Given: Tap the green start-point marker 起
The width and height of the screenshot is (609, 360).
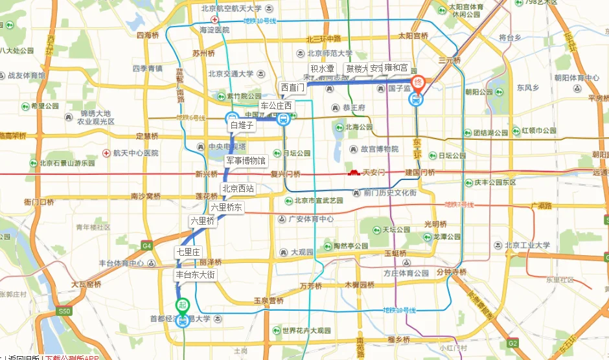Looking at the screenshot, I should point(183,305).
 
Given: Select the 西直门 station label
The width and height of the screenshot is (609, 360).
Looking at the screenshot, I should point(292,87).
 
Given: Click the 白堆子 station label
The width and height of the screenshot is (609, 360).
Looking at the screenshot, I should point(242,126).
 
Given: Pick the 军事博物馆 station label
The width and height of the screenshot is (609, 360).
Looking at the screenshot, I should point(246,160).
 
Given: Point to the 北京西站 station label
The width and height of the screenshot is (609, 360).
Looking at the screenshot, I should point(238,189).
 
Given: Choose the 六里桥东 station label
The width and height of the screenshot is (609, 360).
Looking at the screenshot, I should point(226,207).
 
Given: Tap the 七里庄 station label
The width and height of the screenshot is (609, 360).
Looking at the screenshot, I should point(189,251).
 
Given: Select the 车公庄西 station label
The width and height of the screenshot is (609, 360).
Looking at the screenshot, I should point(276,105).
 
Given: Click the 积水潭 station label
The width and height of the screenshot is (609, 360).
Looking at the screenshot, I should point(322,68).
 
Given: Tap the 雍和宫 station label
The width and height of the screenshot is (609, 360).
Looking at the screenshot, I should point(396,67).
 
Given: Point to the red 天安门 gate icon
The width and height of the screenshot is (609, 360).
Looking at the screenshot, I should point(354,172).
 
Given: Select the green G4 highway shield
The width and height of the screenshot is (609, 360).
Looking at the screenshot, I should point(147,245).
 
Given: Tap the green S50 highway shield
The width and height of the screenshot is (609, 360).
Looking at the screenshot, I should point(63,311).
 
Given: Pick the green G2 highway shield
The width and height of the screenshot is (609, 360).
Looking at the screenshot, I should point(513,343).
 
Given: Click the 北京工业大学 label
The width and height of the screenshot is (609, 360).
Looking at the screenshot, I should point(527,245).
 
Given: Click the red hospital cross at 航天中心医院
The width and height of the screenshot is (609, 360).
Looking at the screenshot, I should point(106,153).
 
